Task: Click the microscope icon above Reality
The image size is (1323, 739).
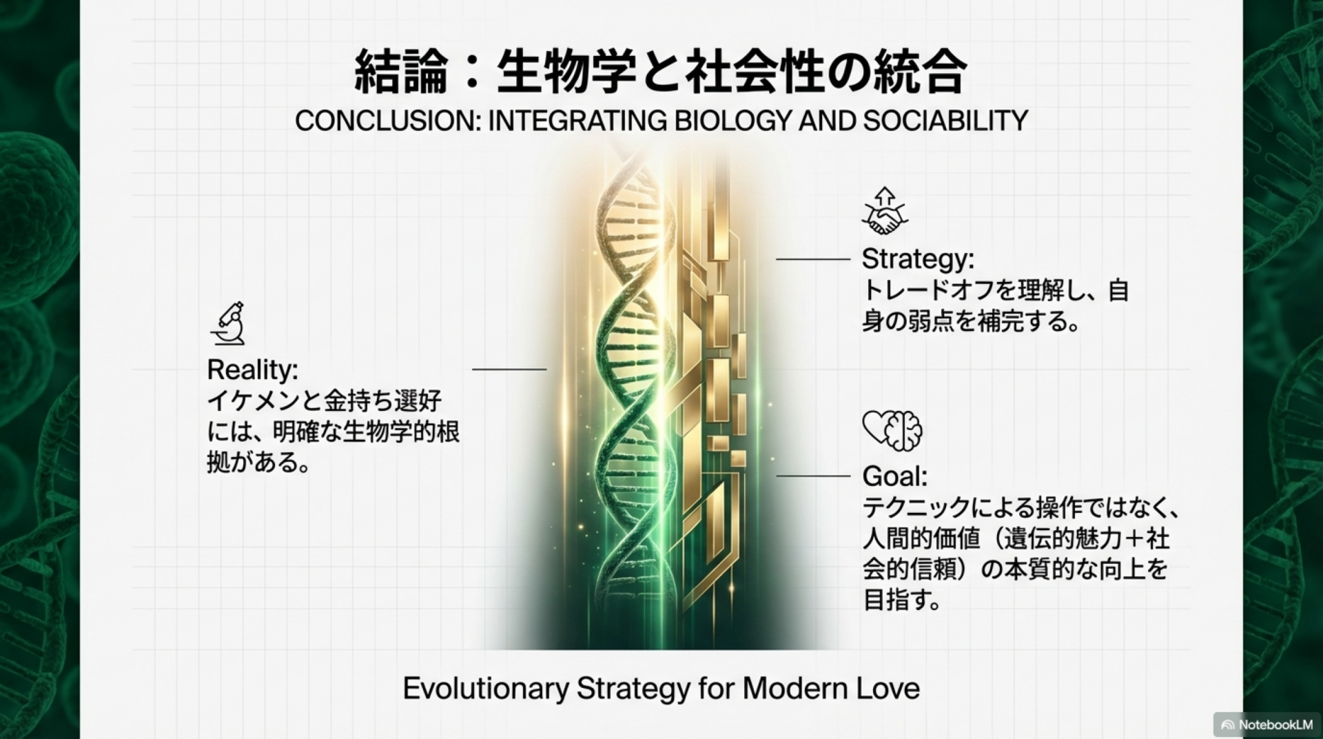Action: pos(229,323)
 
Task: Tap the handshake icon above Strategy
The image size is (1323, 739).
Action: pos(885,210)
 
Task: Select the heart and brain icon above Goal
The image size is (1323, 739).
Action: pos(892,430)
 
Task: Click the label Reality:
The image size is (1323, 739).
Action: pos(253,370)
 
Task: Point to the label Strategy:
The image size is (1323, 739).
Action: pos(918,260)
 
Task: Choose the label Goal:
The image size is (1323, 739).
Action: pos(895,476)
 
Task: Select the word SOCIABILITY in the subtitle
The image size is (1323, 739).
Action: pos(946,121)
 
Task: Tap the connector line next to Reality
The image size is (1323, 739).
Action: pos(509,369)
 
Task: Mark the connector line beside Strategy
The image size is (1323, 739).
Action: pos(813,259)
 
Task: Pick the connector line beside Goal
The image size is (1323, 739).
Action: pos(813,476)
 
